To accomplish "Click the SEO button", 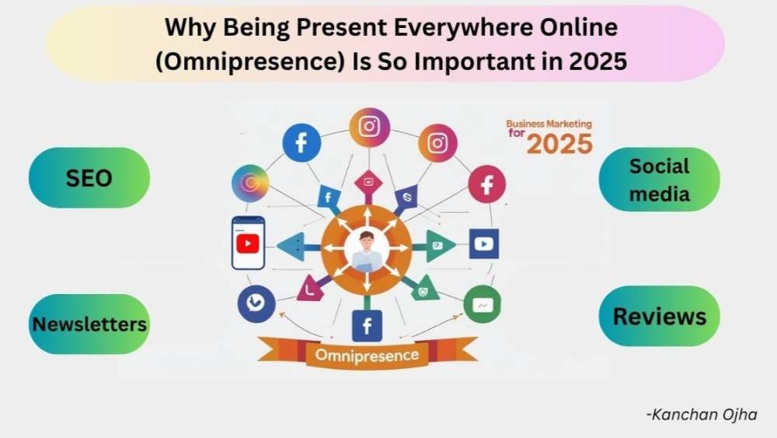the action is [x=89, y=177].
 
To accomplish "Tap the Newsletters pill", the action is [x=89, y=324].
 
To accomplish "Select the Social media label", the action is [x=659, y=180].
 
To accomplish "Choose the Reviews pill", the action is [x=659, y=316].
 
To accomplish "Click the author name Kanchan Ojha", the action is [x=702, y=415].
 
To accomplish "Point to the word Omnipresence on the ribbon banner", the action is [x=367, y=356].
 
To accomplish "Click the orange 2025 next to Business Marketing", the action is [x=559, y=144].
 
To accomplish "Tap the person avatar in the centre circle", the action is [x=367, y=251].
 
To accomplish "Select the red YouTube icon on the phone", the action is [x=248, y=244].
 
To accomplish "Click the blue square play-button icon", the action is [x=483, y=244].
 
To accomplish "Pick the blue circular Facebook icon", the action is [x=301, y=143].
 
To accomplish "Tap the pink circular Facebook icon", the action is [x=486, y=184].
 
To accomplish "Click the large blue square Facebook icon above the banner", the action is [x=367, y=326].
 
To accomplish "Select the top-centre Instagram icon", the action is [x=369, y=127].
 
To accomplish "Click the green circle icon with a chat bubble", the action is [x=483, y=304].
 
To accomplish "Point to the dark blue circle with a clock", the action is [x=256, y=303].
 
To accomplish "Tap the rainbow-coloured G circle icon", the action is [x=250, y=183].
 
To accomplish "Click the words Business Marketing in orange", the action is [x=549, y=124].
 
